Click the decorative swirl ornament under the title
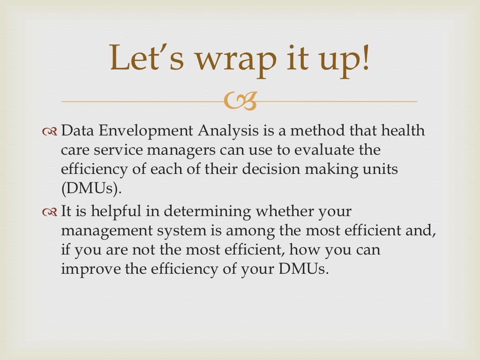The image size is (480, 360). click(x=240, y=101)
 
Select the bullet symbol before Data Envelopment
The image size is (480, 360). click(x=50, y=132)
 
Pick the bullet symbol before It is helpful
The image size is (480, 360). click(x=50, y=212)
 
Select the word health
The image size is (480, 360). click(x=402, y=131)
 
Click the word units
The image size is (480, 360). click(x=382, y=169)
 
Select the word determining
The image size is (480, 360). click(x=201, y=212)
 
